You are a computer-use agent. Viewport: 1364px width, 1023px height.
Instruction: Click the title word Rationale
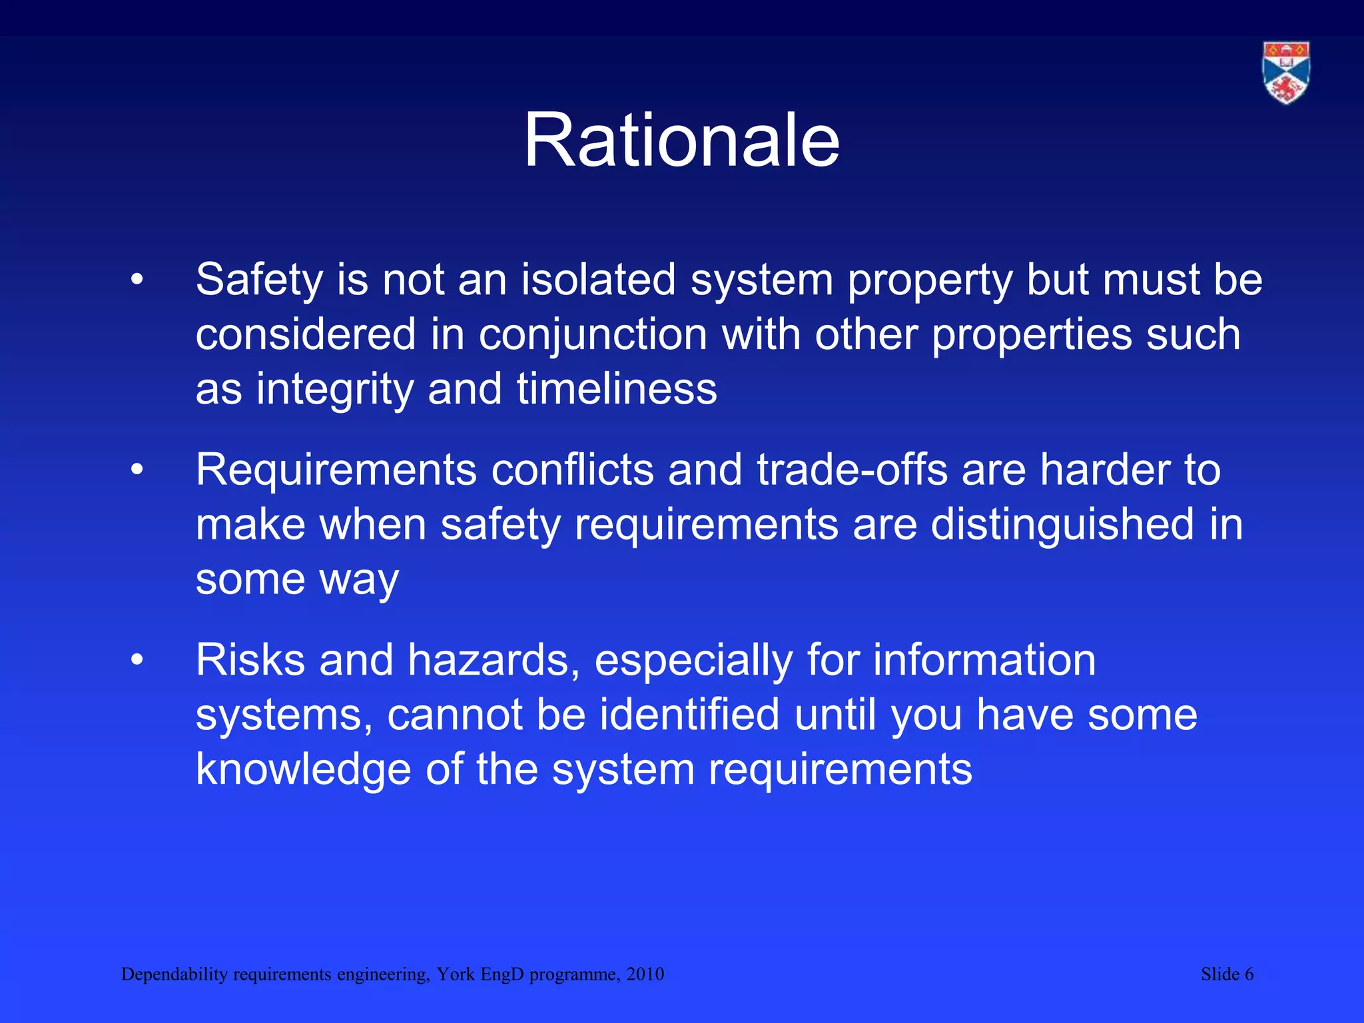tap(681, 141)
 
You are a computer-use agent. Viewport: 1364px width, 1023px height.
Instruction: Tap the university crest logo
tap(1286, 73)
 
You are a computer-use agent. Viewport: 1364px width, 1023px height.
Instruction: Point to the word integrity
tap(334, 389)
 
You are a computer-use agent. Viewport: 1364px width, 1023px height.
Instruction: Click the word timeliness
tap(617, 389)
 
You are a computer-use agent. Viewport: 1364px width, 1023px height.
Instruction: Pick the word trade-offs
tap(852, 470)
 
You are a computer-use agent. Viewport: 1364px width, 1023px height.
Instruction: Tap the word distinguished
tap(1062, 525)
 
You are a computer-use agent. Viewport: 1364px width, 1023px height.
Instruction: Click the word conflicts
tap(572, 470)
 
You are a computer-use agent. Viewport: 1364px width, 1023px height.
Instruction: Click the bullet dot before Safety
tap(137, 280)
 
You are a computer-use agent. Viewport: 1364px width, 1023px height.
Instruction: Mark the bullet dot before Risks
tap(137, 661)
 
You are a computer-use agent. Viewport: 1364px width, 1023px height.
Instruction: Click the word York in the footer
tap(456, 974)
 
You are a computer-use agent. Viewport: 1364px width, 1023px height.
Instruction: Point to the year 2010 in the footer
tap(645, 974)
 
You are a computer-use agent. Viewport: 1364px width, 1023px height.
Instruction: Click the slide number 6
tap(1249, 974)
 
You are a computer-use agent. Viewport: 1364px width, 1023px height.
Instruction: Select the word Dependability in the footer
tap(174, 974)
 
